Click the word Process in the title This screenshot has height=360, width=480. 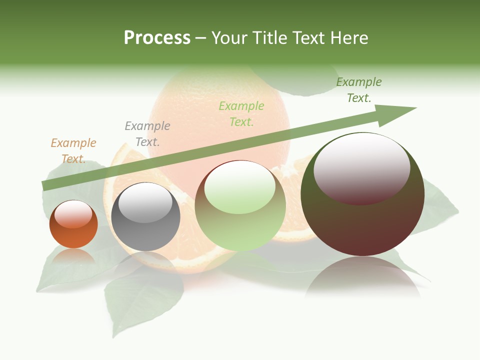(x=157, y=38)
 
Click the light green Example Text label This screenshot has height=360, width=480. (x=241, y=114)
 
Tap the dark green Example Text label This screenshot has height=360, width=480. (x=359, y=90)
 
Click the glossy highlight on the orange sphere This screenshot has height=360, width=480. (x=73, y=214)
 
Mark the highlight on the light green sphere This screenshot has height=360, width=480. (x=240, y=186)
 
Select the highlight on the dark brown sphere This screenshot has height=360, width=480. (x=362, y=168)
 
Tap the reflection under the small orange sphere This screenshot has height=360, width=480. (x=73, y=256)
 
